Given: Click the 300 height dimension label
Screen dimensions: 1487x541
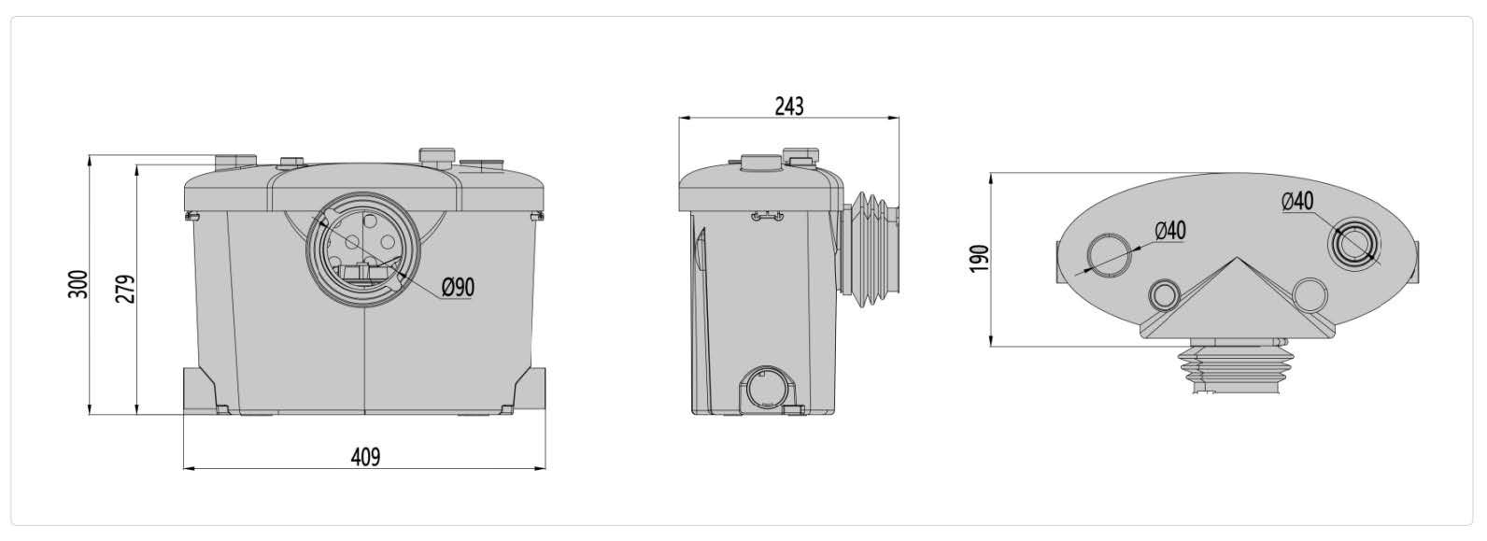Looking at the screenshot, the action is [x=78, y=285].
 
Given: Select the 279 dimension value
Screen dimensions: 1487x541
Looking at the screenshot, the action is [x=125, y=290].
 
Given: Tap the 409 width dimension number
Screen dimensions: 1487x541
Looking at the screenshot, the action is [x=365, y=457].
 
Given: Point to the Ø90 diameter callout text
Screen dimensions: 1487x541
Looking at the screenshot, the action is [x=458, y=287].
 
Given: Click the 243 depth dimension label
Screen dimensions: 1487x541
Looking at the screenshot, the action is [x=789, y=107].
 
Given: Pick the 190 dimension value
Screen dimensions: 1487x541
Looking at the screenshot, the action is [x=979, y=258].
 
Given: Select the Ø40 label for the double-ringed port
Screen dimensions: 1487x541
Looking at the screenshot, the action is [x=1297, y=201].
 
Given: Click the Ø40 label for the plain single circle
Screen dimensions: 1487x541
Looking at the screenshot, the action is [x=1170, y=231].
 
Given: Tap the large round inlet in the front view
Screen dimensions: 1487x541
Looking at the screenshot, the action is [x=362, y=249].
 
